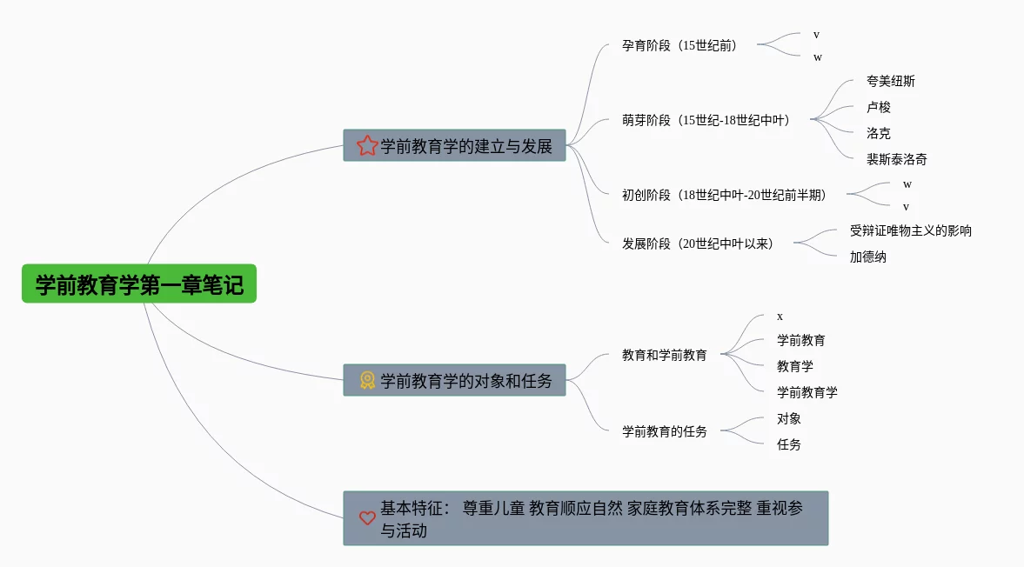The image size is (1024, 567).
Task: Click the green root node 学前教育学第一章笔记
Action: [x=139, y=284]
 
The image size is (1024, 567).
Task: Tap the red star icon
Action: [x=367, y=146]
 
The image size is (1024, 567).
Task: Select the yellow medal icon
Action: [x=367, y=380]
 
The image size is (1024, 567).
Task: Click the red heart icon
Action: [x=367, y=518]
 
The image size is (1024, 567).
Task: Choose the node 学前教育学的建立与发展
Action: [x=466, y=146]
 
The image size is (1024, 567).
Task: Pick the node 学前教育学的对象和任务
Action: [x=466, y=380]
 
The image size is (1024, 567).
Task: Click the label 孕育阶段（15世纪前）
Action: [x=679, y=45]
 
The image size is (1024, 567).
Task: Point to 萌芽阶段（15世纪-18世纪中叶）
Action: [x=706, y=120]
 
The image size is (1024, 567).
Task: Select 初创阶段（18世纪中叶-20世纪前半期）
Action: [x=724, y=195]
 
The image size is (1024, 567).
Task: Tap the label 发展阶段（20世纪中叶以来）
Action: [x=698, y=243]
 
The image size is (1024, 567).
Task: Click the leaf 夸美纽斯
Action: [x=890, y=82]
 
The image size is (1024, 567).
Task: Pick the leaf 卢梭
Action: [x=878, y=108]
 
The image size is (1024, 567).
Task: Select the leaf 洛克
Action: [x=878, y=134]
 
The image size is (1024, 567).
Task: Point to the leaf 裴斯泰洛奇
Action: [x=896, y=160]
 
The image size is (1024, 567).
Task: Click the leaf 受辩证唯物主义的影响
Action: [x=910, y=231]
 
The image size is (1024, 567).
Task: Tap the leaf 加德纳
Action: [x=867, y=257]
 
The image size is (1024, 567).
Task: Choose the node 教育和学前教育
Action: [x=664, y=355]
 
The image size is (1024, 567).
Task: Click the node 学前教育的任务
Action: [x=664, y=431]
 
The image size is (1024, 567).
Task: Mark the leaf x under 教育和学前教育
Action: [x=780, y=317]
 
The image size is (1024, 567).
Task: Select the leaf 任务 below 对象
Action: [x=788, y=444]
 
